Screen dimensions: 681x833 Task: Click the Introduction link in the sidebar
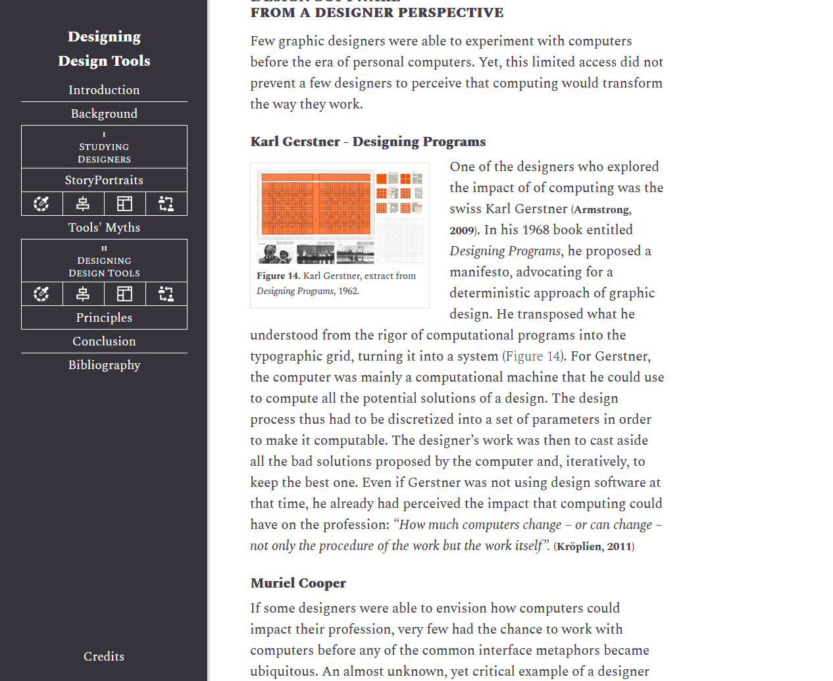[x=104, y=90]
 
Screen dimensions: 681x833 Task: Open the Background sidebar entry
[x=104, y=114]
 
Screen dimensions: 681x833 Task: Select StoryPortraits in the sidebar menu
[x=104, y=180]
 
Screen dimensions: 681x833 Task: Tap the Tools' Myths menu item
[x=104, y=228]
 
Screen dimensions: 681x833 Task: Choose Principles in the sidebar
[x=104, y=318]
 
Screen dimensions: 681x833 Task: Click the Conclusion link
[x=104, y=341]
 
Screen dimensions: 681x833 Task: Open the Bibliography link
[x=104, y=365]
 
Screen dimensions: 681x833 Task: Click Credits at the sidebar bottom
[x=104, y=657]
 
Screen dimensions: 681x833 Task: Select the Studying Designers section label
[x=104, y=153]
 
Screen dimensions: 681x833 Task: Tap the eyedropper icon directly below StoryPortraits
[x=41, y=204]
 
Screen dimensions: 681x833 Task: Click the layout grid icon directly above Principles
[x=124, y=293]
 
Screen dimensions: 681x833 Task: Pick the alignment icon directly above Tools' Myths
[x=83, y=204]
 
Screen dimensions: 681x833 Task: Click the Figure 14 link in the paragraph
[x=532, y=357]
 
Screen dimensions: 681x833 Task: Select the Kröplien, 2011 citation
[x=594, y=547]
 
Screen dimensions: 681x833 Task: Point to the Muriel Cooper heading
[x=298, y=583]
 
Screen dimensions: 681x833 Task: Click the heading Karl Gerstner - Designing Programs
[x=368, y=141]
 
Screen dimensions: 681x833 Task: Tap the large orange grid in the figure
[x=315, y=205]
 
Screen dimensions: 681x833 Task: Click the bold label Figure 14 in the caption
[x=277, y=276]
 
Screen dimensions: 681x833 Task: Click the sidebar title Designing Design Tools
[x=104, y=49]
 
